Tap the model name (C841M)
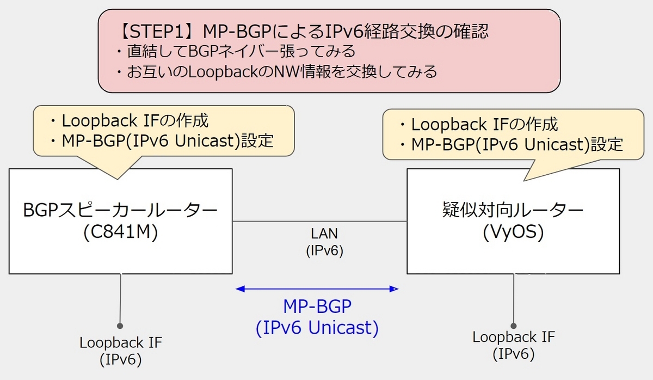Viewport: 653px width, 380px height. (x=120, y=232)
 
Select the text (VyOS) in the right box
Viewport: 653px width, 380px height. (x=513, y=232)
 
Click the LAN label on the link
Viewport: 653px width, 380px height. (x=324, y=234)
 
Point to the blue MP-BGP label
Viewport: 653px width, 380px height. (x=317, y=306)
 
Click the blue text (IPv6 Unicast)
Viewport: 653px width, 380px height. (x=317, y=328)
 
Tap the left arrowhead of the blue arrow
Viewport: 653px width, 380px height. (x=240, y=289)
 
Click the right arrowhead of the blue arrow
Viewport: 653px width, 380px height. (x=394, y=289)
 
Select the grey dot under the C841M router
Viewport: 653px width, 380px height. (x=120, y=326)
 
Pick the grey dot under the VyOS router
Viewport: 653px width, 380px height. (x=514, y=326)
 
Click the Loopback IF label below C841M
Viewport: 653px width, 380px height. (x=121, y=342)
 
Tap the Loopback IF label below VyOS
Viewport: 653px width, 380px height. (x=514, y=337)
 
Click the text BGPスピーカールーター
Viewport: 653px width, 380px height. (x=120, y=210)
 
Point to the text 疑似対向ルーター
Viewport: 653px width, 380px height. (x=513, y=210)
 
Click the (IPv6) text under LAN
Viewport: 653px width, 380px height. (x=324, y=250)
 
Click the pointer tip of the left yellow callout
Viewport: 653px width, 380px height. (x=118, y=179)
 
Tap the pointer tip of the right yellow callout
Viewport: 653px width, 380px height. (x=524, y=181)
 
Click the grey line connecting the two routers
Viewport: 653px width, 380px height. (x=319, y=222)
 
